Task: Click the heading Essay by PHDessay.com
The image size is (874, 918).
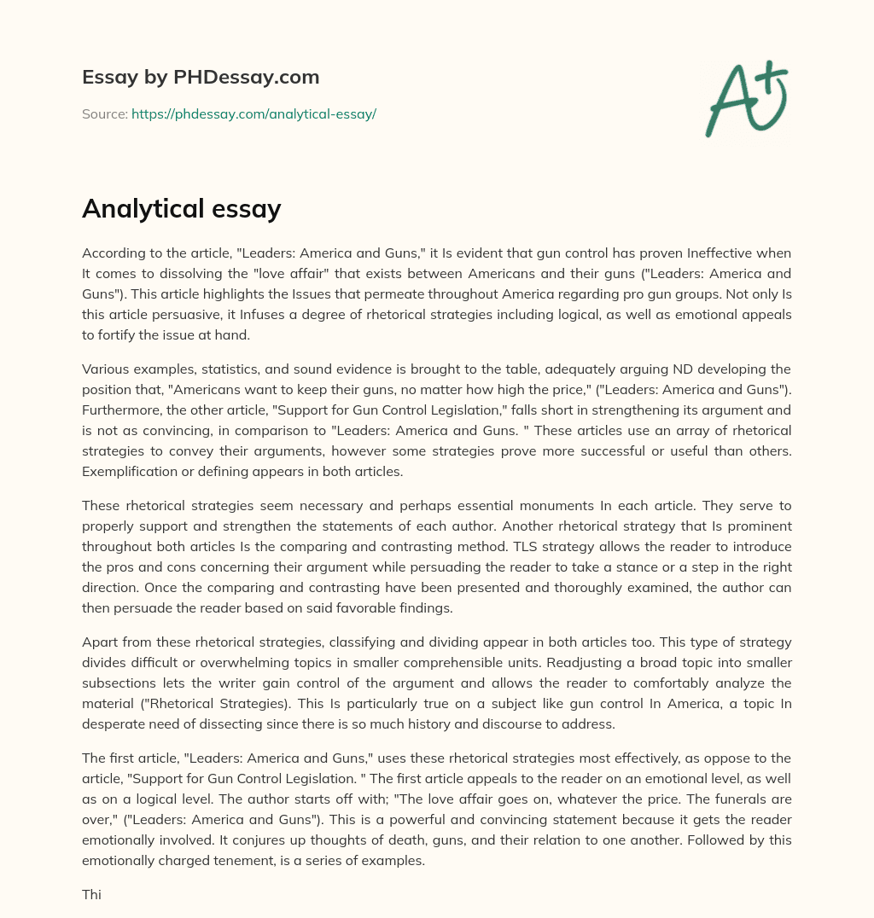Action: (201, 78)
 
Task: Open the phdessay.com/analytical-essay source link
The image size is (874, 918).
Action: (253, 113)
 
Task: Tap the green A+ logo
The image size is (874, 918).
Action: (745, 100)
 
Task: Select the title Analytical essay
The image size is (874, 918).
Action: (181, 208)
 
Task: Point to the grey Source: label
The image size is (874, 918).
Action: (104, 113)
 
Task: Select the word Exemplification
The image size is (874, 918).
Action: (125, 472)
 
